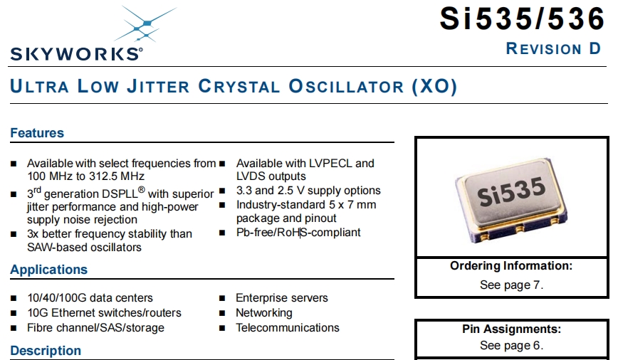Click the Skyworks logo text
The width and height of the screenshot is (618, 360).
coord(76,54)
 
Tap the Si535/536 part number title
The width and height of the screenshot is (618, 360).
coord(522,18)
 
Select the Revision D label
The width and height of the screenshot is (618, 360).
coord(553,48)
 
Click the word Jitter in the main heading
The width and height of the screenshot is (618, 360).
coord(158,86)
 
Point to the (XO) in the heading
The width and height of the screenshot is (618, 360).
coord(434,86)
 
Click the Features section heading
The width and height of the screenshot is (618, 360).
coord(37,133)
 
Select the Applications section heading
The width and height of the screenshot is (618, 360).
coord(49,270)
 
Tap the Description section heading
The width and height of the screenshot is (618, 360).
coord(46,351)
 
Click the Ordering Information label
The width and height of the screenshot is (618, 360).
coord(511,266)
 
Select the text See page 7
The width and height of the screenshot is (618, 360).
coord(511,285)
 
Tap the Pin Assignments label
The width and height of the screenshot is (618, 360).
coord(511,329)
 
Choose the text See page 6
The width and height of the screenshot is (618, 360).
coord(511,346)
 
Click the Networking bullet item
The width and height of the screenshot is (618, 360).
coord(264,313)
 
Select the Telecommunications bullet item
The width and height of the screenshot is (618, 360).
coord(288,328)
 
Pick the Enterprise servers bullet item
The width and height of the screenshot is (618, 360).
coord(282,298)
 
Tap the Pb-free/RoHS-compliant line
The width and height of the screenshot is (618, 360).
coord(298,233)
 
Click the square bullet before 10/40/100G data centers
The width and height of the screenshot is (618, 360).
coord(14,298)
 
